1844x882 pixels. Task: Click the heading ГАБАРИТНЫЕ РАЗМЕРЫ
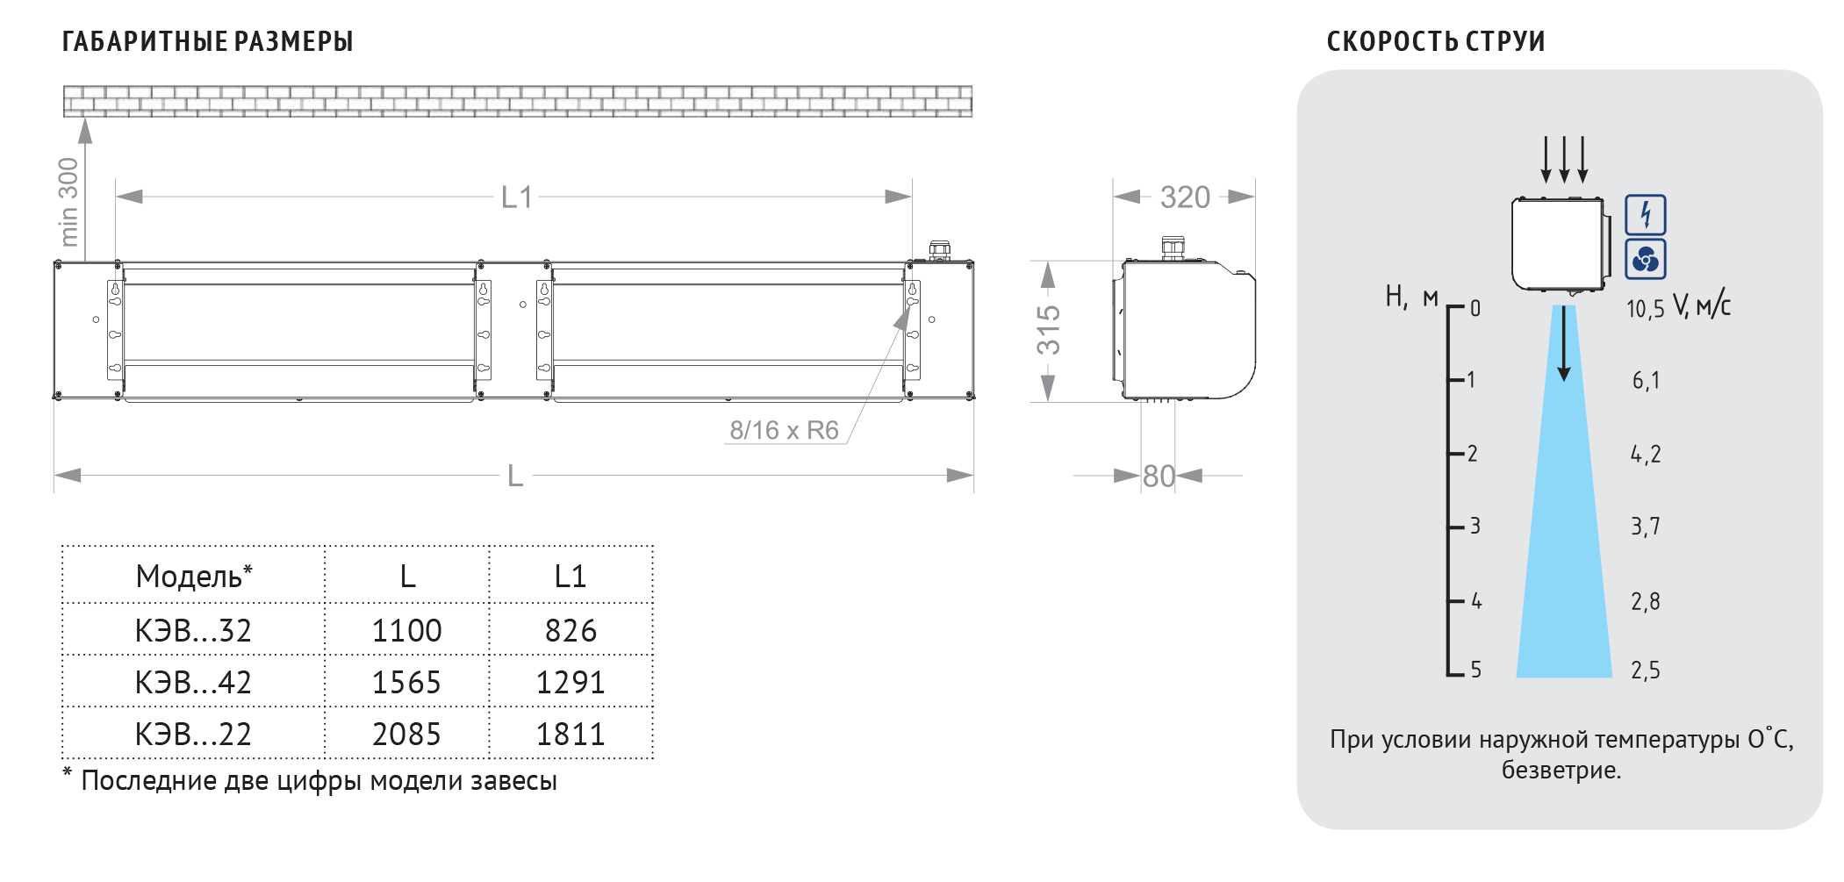pos(207,41)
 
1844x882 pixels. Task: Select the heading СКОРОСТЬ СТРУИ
pos(1436,41)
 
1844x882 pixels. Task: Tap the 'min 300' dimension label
pos(68,202)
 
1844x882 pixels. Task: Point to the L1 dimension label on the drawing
pos(517,197)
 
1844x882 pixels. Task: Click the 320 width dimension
pos(1185,197)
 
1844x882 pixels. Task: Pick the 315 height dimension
pos(1048,330)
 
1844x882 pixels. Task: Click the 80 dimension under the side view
pos(1159,477)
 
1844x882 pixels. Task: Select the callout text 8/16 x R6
pos(784,430)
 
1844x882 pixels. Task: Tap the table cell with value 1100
pos(406,630)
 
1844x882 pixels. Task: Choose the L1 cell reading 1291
pos(570,682)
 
